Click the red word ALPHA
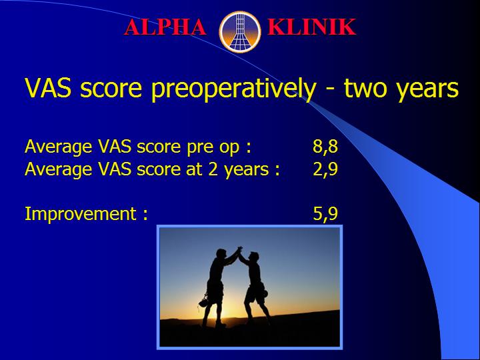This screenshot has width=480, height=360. (x=165, y=27)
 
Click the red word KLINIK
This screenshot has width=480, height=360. (x=311, y=27)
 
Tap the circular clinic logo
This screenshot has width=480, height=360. (x=240, y=32)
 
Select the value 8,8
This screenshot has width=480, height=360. (x=325, y=147)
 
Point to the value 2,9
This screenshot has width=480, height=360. (x=325, y=169)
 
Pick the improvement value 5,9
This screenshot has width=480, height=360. (x=325, y=213)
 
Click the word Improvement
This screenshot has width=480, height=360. (x=81, y=213)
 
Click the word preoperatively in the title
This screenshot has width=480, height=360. (x=233, y=89)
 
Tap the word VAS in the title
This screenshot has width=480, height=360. (x=48, y=88)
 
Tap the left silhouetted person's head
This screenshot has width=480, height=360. (x=221, y=254)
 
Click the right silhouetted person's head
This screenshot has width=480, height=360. (x=254, y=256)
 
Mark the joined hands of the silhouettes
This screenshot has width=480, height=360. (x=240, y=249)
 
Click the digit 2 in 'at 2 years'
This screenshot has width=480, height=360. (x=213, y=169)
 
